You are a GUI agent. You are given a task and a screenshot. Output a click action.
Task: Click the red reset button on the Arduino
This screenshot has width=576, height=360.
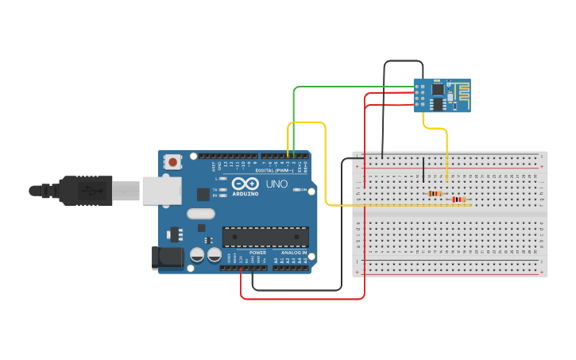[173, 162]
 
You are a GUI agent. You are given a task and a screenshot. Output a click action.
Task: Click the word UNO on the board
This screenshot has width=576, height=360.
[276, 184]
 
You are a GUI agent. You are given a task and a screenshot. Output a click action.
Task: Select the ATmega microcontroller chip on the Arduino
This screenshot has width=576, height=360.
[265, 236]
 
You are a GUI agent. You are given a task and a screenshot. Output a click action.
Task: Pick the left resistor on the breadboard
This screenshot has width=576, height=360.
[435, 193]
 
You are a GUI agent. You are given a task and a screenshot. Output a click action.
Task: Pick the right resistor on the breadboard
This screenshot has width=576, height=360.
[458, 199]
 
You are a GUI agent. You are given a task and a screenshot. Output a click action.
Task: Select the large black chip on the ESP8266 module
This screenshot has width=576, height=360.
[438, 103]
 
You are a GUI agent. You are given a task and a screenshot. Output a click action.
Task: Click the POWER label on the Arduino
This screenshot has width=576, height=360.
[257, 252]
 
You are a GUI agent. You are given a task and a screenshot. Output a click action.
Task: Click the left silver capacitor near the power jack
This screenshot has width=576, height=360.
[197, 255]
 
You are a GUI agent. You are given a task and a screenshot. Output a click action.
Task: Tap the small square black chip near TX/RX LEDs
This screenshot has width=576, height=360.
[203, 193]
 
